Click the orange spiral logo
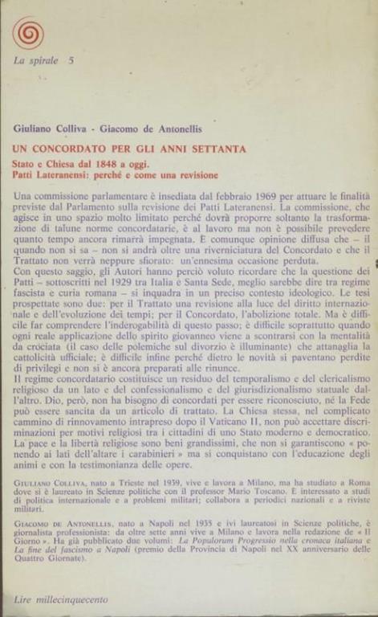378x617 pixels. pyautogui.click(x=28, y=33)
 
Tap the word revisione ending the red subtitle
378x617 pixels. pyautogui.click(x=194, y=174)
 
